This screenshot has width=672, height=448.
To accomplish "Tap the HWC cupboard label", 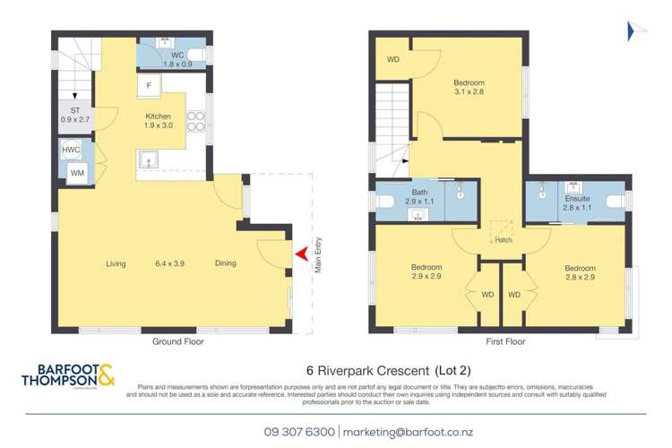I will click(72, 151).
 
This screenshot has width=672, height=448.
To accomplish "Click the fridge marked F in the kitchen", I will click(149, 87).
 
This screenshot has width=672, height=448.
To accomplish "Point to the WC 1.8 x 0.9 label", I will click(172, 59).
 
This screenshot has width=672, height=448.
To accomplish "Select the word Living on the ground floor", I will click(116, 263).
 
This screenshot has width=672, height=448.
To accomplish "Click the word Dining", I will click(225, 263).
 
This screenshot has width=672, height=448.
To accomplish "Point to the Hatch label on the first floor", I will click(502, 240).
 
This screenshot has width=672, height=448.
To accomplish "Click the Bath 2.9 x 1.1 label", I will click(419, 197).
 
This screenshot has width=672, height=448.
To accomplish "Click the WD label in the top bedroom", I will click(393, 60).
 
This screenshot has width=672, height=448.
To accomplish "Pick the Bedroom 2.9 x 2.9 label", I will click(426, 272).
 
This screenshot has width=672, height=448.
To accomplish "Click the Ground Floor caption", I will click(174, 342).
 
